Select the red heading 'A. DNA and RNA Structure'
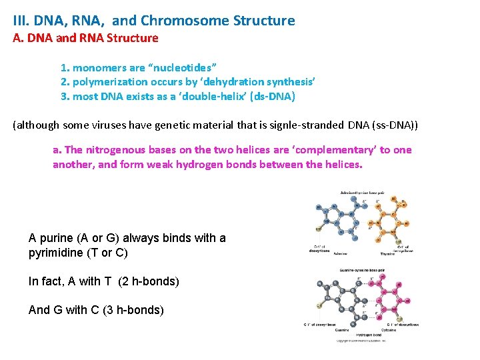click(x=86, y=38)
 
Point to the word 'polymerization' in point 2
click(x=111, y=82)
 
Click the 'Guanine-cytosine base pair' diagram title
click(x=367, y=271)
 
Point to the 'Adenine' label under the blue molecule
click(x=340, y=253)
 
